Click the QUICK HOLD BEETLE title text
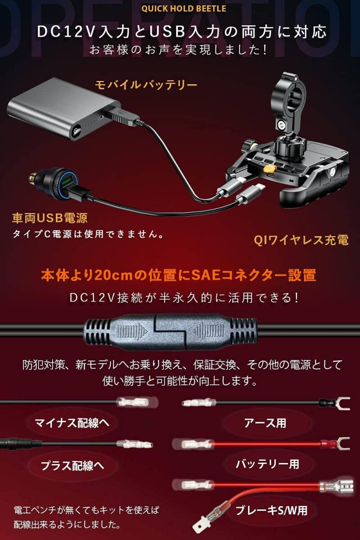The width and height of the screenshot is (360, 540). pyautogui.click(x=184, y=9)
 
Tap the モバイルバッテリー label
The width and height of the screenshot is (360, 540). pyautogui.click(x=146, y=85)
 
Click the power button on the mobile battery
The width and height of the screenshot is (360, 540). pyautogui.click(x=76, y=131)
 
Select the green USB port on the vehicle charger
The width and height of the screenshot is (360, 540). pyautogui.click(x=65, y=181)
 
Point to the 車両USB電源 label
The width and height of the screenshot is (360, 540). pyautogui.click(x=50, y=218)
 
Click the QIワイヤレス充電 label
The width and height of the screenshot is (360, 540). pyautogui.click(x=301, y=240)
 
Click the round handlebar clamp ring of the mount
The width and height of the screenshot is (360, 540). pyautogui.click(x=288, y=94)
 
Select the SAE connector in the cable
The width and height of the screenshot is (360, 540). pyautogui.click(x=170, y=332)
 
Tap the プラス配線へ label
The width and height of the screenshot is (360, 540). pyautogui.click(x=72, y=466)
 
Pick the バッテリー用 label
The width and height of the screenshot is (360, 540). pyautogui.click(x=267, y=464)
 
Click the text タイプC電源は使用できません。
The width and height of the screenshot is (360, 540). pyautogui.click(x=88, y=234)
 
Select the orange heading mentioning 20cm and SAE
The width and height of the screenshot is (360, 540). pyautogui.click(x=179, y=275)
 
